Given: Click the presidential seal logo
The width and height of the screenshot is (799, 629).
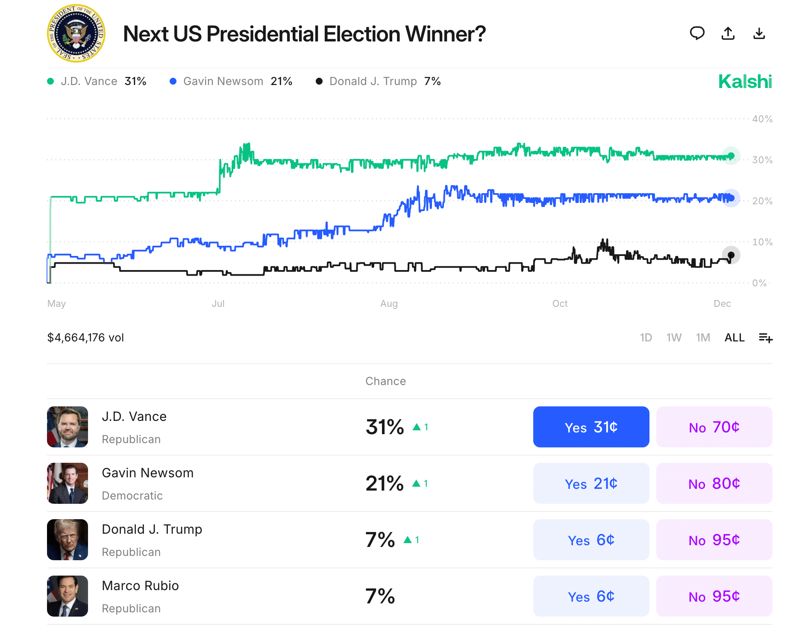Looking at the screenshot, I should click(76, 33).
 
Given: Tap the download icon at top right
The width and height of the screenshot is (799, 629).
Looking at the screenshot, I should click(759, 33).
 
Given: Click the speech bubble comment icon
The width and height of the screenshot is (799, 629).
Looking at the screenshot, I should click(697, 33).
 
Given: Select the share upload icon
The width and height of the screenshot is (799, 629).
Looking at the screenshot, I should click(728, 33).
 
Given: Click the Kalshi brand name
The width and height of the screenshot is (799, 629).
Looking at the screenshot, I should click(745, 82).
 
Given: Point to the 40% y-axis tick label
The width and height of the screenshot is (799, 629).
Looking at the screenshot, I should click(762, 119).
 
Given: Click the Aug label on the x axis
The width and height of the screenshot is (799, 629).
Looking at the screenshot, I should click(389, 304).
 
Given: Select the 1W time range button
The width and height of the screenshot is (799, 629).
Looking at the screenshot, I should click(674, 338).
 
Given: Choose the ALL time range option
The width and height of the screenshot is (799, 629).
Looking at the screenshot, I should click(734, 338).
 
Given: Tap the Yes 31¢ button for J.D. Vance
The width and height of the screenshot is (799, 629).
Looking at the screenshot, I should click(591, 427).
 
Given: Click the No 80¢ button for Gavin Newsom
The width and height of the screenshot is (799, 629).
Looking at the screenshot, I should click(714, 483).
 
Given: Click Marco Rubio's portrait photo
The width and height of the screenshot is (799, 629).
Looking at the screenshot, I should click(68, 596).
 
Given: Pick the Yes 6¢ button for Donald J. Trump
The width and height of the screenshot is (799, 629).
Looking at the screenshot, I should click(591, 540).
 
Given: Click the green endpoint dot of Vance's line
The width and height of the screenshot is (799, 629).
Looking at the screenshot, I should click(731, 156).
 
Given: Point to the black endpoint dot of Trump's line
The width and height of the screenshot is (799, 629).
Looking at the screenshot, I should click(731, 255).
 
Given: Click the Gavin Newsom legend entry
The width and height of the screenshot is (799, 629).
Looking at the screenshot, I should click(231, 81).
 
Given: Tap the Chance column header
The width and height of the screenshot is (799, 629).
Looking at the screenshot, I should click(385, 381).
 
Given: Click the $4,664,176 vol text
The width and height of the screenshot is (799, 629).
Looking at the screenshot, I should click(85, 338).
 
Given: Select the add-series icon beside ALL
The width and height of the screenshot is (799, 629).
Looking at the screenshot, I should click(765, 338).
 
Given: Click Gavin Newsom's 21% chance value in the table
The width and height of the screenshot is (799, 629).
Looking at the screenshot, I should click(384, 483).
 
